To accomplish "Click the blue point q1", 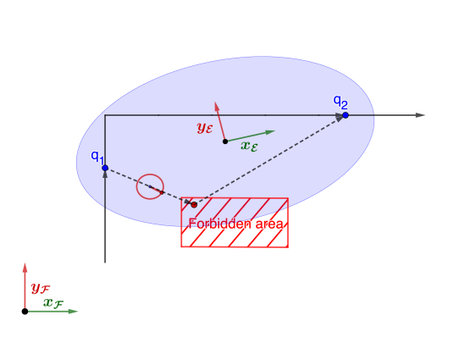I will coord(105,169).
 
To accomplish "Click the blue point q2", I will coord(346,114).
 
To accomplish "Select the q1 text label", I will coord(97,156).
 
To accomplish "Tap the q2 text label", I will coord(340,102).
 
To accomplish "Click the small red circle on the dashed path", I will coord(151,186).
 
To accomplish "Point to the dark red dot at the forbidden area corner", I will coord(194,204).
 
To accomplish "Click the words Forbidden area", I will coord(235,224).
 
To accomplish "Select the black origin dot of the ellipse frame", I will coord(224,141).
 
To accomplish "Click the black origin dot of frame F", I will coord(25,311).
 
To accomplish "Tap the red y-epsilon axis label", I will coord(205,128).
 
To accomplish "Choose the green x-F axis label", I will coord(53,302).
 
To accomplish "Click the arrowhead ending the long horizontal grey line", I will coord(420,114).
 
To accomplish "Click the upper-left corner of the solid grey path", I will coord(105,114).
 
